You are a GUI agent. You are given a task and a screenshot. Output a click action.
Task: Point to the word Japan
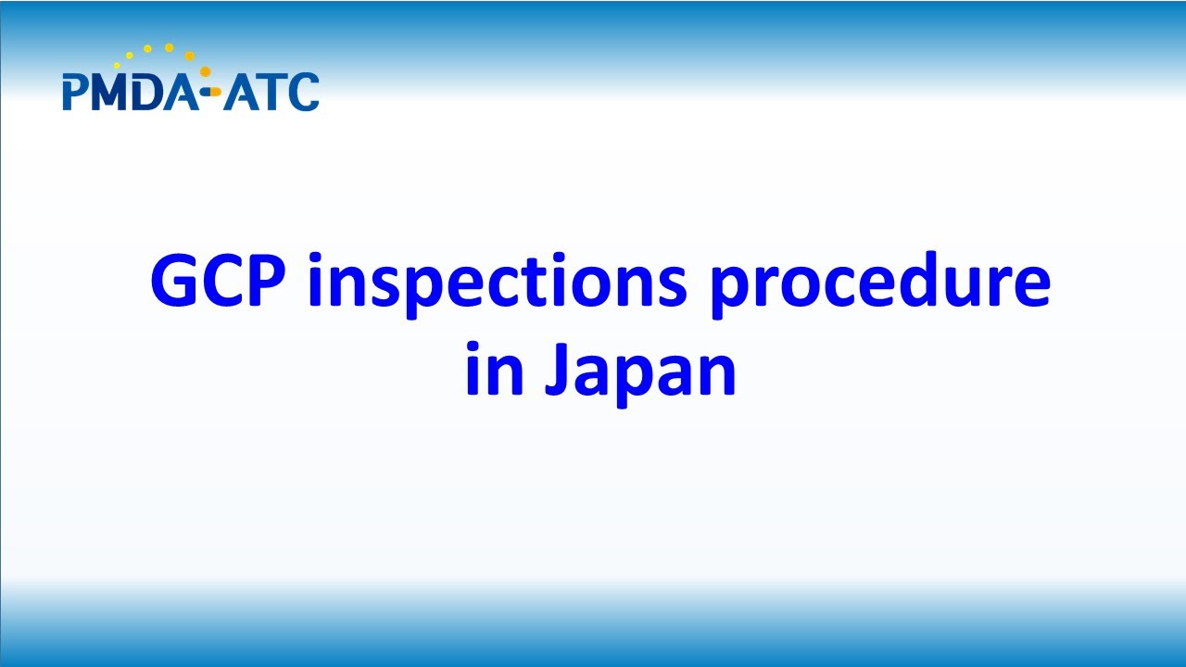pyautogui.click(x=640, y=371)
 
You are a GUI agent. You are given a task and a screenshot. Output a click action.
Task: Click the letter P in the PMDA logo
pyautogui.click(x=74, y=93)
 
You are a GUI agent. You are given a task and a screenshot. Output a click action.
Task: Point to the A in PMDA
pyautogui.click(x=183, y=93)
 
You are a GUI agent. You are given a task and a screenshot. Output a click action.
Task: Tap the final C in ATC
pyautogui.click(x=304, y=93)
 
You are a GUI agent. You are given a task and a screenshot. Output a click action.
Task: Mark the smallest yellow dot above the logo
pyautogui.click(x=118, y=66)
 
